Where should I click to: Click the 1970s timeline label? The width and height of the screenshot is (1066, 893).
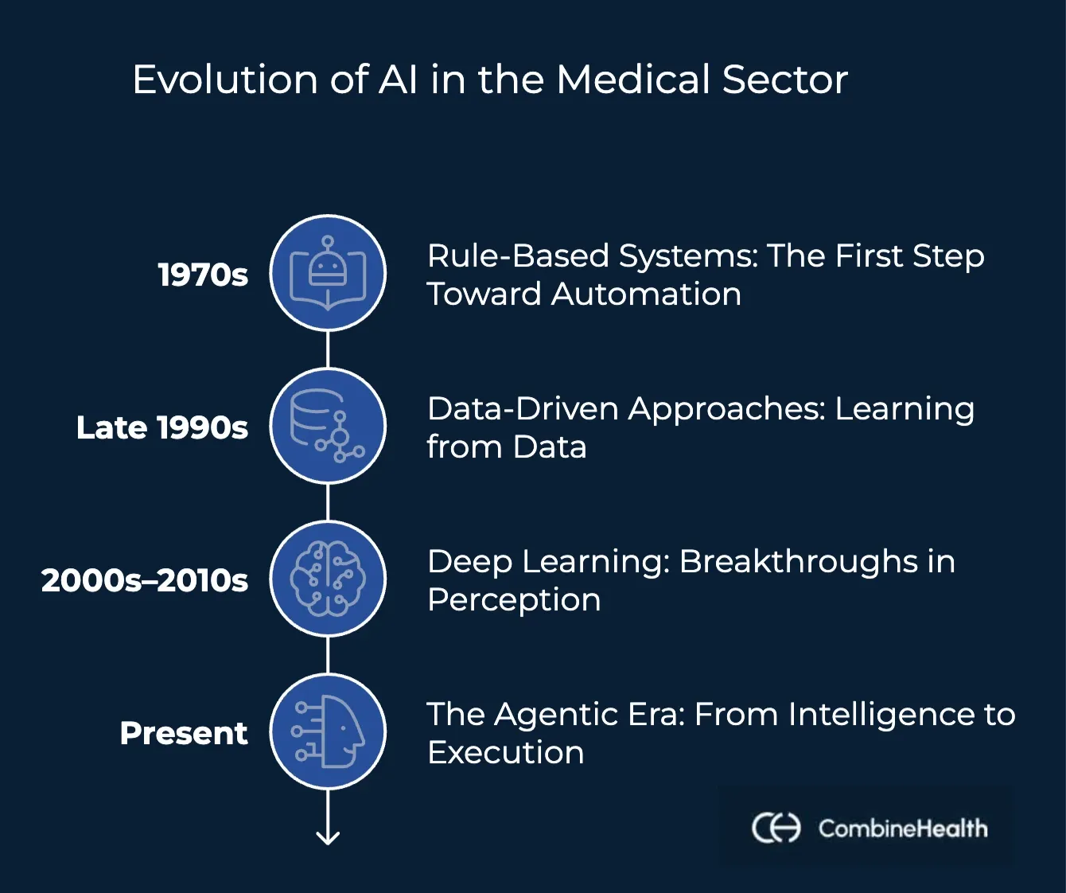tap(203, 275)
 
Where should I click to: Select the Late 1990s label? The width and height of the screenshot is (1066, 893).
tap(162, 427)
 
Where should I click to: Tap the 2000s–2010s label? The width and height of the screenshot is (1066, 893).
tap(145, 580)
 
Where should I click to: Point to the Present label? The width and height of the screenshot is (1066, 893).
tap(184, 733)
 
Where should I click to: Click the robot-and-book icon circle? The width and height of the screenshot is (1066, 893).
tap(328, 273)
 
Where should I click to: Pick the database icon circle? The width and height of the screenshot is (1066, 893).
tap(328, 426)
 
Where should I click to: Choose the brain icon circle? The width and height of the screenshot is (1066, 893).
tap(328, 579)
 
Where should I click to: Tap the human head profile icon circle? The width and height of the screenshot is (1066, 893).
tap(328, 731)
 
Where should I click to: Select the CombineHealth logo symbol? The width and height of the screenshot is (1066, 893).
tap(776, 828)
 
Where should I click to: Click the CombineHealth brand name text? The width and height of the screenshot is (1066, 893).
tap(903, 829)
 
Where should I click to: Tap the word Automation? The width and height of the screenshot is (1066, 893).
tap(646, 294)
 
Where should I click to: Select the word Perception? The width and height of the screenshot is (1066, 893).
tap(514, 600)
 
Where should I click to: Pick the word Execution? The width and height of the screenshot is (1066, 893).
tap(506, 752)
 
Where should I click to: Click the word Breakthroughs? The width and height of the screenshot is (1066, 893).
tap(798, 561)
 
